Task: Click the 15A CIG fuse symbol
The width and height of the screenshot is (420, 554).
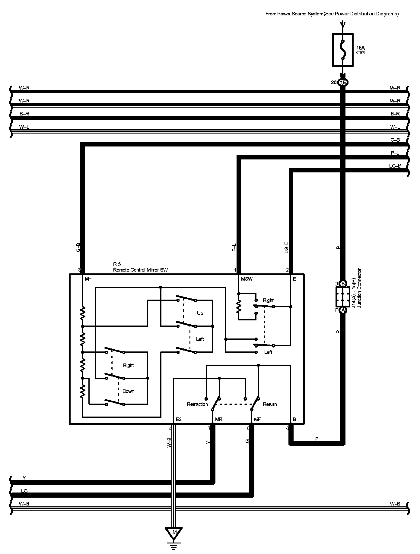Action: (x=343, y=50)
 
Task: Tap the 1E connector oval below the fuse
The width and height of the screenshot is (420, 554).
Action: (x=343, y=82)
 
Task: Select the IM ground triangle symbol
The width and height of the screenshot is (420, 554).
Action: (x=173, y=533)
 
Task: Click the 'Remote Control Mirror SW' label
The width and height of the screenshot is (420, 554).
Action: (x=140, y=270)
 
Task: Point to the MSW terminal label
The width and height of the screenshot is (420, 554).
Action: (x=247, y=279)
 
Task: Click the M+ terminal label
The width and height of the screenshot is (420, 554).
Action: (x=88, y=279)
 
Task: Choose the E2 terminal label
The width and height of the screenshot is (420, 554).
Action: (x=179, y=419)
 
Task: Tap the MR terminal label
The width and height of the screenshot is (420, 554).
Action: (x=219, y=419)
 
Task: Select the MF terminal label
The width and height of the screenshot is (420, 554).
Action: (x=257, y=419)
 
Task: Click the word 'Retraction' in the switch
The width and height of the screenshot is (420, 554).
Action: (x=197, y=404)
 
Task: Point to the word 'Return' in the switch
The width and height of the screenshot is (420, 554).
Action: (x=270, y=404)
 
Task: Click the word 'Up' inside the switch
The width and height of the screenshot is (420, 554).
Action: (x=200, y=313)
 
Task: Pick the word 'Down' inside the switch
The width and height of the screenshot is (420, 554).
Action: (x=128, y=391)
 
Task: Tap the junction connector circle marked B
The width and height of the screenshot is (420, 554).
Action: (x=343, y=284)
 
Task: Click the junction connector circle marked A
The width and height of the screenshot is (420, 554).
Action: (x=343, y=310)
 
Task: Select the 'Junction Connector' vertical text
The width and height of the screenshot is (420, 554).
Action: (x=359, y=288)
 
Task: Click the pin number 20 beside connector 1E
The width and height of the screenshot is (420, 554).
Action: (x=334, y=82)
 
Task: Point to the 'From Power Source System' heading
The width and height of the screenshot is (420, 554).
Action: (x=332, y=14)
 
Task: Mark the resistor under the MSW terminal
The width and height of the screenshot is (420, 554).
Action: (x=239, y=307)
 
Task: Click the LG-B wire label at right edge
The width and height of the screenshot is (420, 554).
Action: (x=395, y=166)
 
